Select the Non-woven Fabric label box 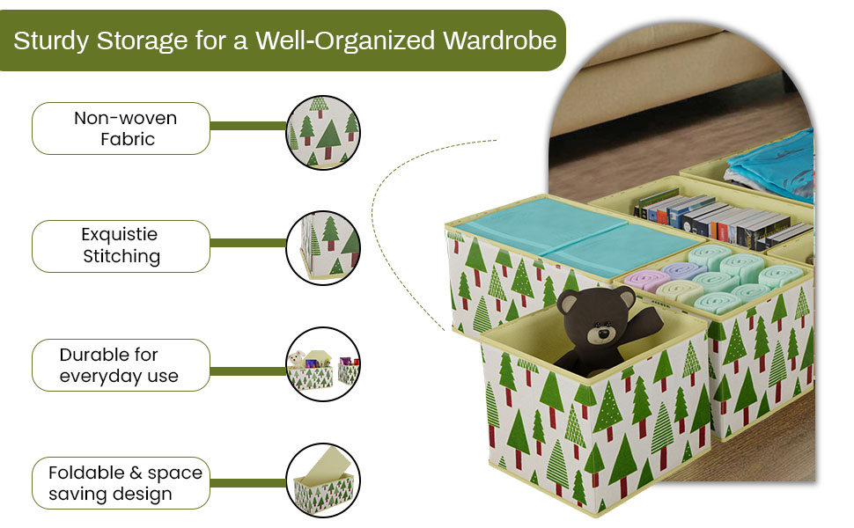click(x=121, y=128)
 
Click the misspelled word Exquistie click(x=119, y=234)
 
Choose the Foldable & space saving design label click(x=121, y=482)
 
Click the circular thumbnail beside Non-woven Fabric click(x=324, y=132)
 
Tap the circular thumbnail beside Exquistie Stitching click(x=324, y=247)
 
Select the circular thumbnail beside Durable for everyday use click(x=324, y=365)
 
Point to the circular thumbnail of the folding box click(x=324, y=480)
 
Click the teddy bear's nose click(x=602, y=335)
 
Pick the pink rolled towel click(x=647, y=280)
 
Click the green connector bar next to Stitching click(x=249, y=243)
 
